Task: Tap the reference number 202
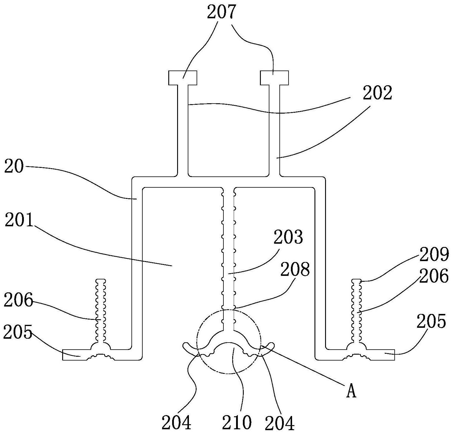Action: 377,93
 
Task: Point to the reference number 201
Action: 19,221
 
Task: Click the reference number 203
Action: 288,237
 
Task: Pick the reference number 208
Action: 295,269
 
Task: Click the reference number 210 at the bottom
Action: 237,422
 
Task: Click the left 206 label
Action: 18,301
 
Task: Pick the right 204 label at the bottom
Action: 279,423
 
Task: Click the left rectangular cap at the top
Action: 182,78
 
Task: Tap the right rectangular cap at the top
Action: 274,78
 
